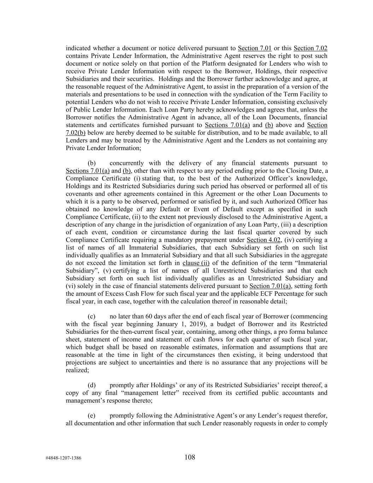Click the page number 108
click(190, 457)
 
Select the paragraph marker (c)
click(92, 316)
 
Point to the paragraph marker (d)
click(92, 385)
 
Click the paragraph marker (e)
click(92, 416)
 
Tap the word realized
click(76, 370)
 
